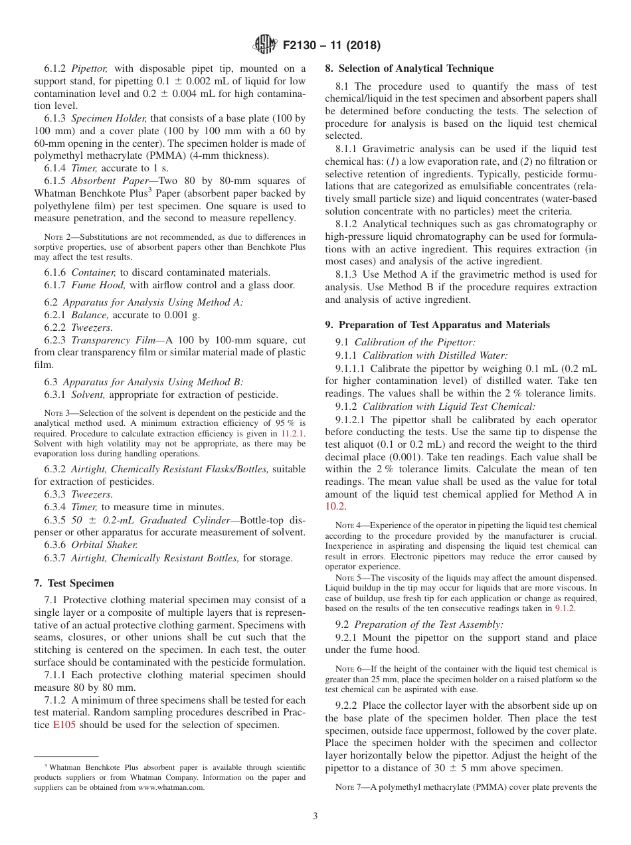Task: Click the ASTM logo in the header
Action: pos(266,46)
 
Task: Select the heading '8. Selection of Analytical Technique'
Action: pos(409,68)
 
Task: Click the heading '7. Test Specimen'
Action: pos(74,583)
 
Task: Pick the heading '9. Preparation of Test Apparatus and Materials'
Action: pos(437,325)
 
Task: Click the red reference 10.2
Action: pos(335,506)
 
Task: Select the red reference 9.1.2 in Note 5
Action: pos(565,608)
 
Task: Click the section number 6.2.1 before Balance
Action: pos(55,315)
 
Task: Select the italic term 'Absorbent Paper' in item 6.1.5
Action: pos(107,181)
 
